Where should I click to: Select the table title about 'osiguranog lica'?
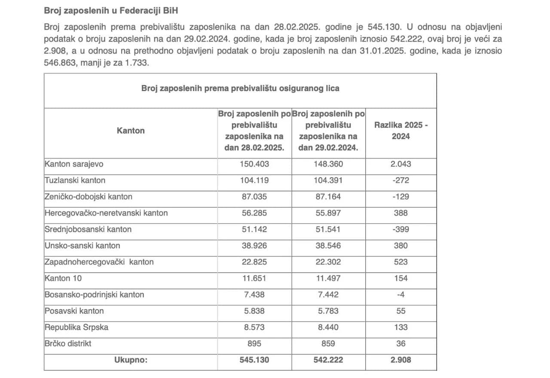coord(240,88)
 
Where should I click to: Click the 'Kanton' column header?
coord(131,131)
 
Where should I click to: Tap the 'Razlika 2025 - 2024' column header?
coord(401,131)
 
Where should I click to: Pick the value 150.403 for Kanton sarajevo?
coord(254,164)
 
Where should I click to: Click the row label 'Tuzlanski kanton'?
coord(75,180)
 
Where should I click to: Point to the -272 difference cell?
coord(401,180)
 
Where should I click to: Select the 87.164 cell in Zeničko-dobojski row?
coord(328,197)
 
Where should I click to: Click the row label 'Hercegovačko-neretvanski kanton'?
coord(106,213)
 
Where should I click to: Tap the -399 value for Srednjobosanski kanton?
coord(401,229)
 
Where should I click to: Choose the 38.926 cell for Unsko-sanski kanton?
coord(254,246)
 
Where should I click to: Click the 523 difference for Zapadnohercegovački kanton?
coord(401,262)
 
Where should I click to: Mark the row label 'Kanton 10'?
coord(63,278)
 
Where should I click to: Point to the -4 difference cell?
coord(401,295)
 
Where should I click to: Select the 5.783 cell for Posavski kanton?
coord(328,311)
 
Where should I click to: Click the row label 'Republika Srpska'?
coord(76,327)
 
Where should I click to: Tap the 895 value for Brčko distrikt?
coord(254,344)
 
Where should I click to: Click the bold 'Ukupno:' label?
coord(131,360)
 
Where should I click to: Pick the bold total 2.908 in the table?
coord(401,360)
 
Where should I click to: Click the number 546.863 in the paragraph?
coord(59,63)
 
